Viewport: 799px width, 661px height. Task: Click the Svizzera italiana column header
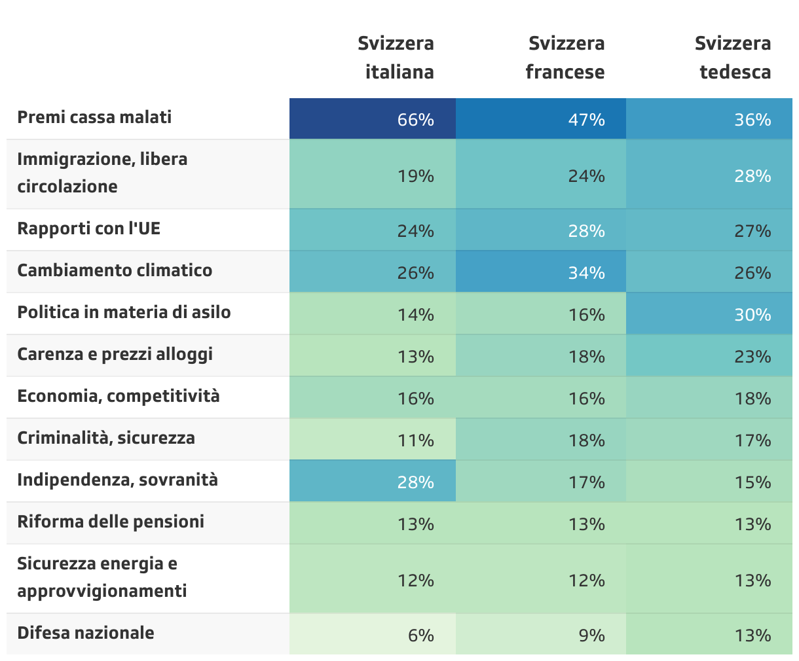[x=396, y=58]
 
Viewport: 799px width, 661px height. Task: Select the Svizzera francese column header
[x=565, y=58]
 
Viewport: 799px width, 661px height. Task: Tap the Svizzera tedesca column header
[x=733, y=58]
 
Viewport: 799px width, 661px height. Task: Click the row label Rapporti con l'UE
[x=89, y=228]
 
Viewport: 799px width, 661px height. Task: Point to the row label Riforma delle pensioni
[x=111, y=522]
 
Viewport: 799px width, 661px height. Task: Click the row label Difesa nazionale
[x=86, y=633]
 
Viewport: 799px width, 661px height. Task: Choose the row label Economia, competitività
[x=119, y=396]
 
